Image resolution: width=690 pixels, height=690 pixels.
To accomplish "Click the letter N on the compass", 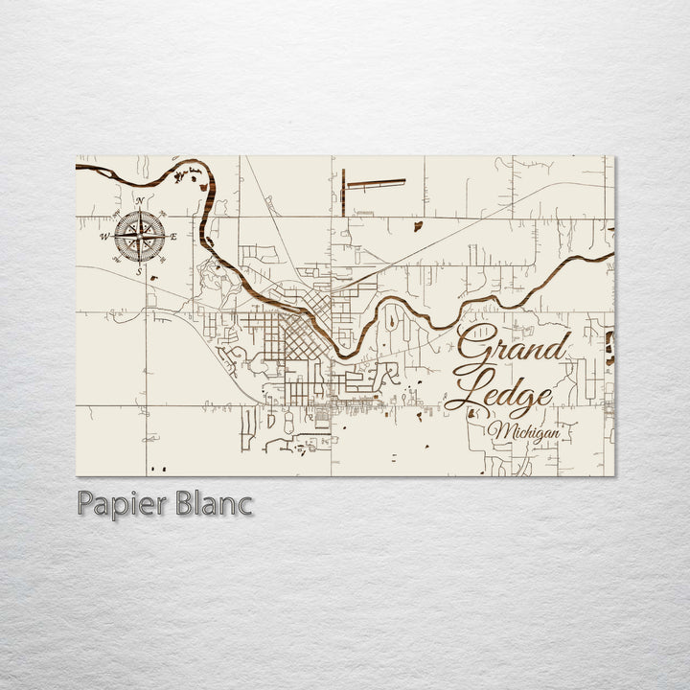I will point(141,200).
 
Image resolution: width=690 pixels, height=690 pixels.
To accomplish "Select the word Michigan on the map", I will point(524,434).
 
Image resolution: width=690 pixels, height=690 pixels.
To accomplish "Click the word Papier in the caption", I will point(114,504).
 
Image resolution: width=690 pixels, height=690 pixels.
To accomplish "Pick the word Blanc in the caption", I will point(211,502).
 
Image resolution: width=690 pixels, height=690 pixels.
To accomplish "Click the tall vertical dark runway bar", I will point(342,192).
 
